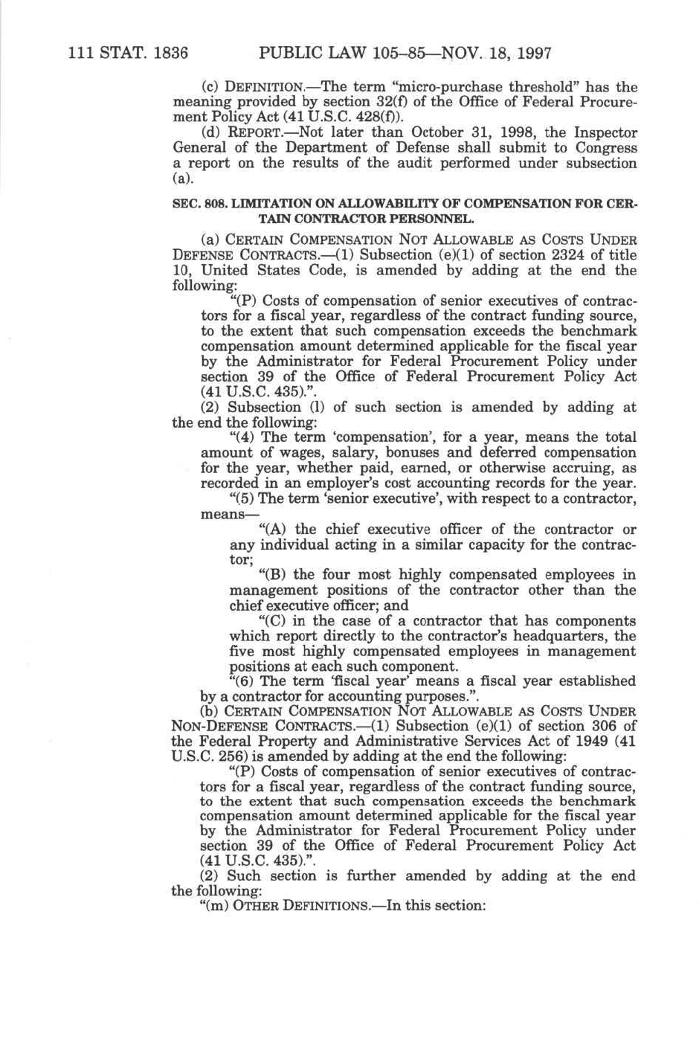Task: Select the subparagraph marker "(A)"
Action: (x=272, y=530)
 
